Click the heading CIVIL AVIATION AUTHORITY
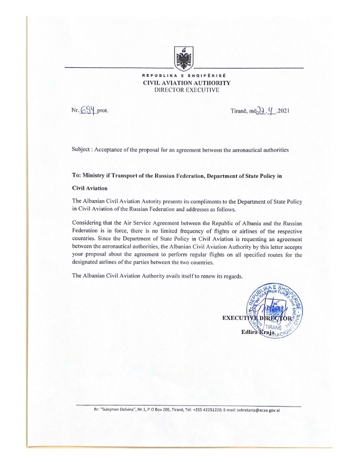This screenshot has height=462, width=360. pos(186,83)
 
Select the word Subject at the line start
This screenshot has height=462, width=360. pos(82,150)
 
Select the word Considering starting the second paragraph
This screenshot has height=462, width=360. pos(88,222)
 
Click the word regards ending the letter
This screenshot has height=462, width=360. pos(233,276)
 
